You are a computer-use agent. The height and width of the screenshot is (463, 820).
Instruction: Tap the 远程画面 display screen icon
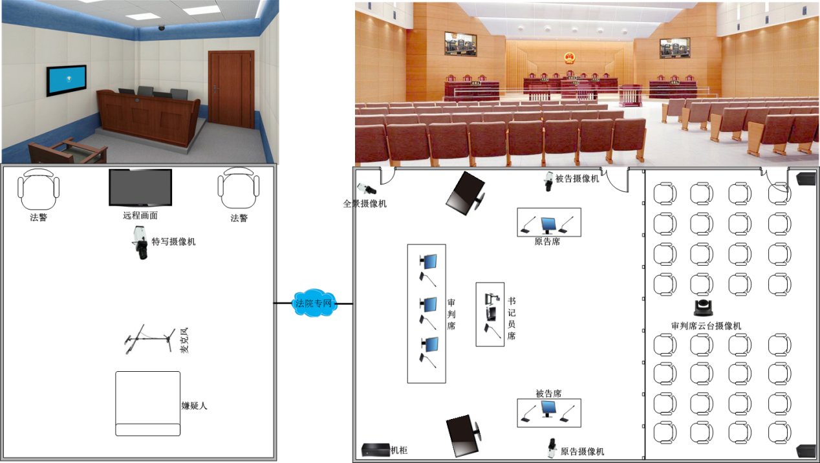click(140, 188)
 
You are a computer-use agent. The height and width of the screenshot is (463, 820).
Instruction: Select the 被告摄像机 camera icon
click(548, 180)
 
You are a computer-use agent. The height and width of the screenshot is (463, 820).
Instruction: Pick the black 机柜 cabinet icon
click(375, 449)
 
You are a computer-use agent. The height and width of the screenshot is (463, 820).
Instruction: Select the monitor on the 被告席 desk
click(549, 409)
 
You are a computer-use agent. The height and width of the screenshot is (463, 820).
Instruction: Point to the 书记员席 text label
click(511, 318)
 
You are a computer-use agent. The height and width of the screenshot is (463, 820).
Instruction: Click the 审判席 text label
click(451, 314)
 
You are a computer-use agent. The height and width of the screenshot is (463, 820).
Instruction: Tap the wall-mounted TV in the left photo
click(66, 80)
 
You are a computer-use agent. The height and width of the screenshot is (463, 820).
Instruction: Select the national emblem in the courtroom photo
click(569, 59)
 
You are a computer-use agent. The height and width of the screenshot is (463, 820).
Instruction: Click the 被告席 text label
click(548, 393)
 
